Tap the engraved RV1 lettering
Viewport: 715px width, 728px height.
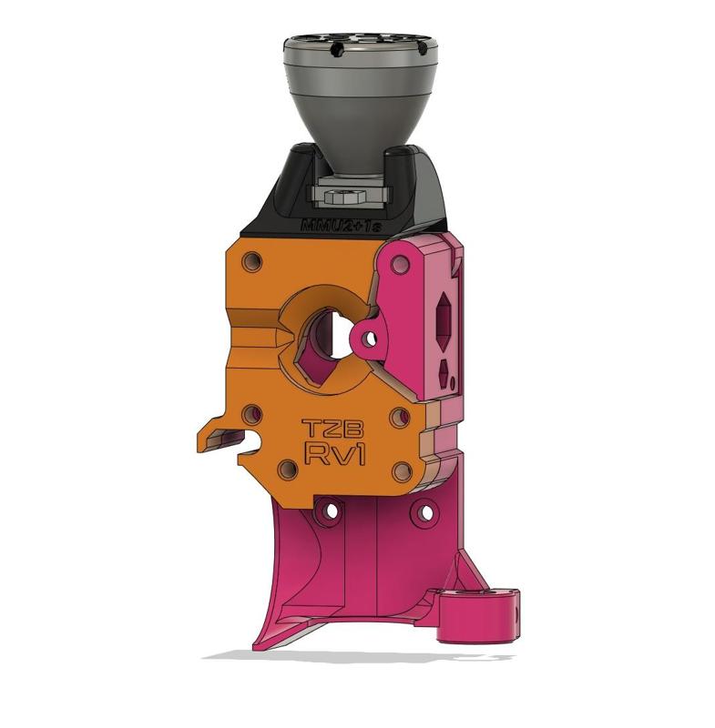(335, 455)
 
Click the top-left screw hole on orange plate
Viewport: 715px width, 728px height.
(253, 261)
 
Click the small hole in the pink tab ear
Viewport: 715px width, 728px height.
(370, 339)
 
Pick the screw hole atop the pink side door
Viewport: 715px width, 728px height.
(398, 265)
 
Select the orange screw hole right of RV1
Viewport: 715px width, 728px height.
(401, 472)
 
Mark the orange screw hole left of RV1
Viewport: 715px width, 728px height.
(287, 470)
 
